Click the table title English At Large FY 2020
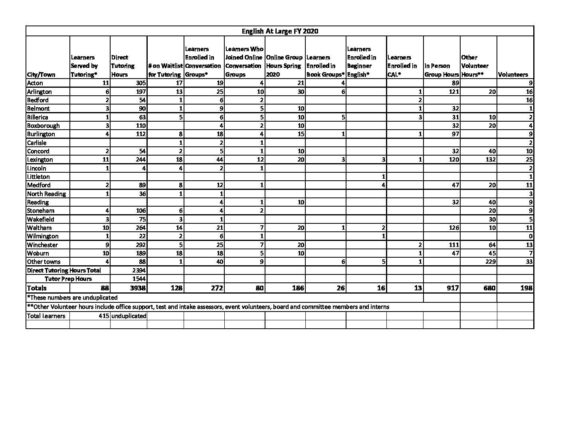click(x=280, y=31)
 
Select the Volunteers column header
click(x=513, y=75)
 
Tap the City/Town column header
click(x=41, y=75)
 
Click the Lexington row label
click(x=40, y=160)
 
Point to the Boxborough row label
click(x=43, y=126)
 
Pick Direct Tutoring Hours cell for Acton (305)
click(x=140, y=83)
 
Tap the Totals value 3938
click(x=138, y=288)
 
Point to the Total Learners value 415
click(x=103, y=316)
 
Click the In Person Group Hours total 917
click(x=452, y=288)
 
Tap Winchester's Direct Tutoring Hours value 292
click(x=140, y=245)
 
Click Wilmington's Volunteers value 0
click(x=530, y=236)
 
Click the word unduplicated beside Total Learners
click(x=129, y=316)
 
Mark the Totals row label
click(x=37, y=288)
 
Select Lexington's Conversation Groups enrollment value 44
click(x=219, y=160)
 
